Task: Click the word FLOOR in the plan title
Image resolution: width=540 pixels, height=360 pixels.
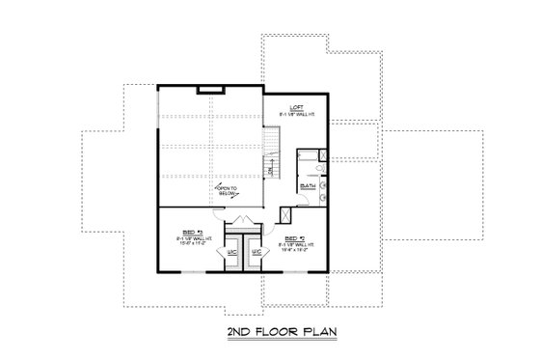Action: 270,333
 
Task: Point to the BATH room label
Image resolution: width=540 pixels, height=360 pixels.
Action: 309,184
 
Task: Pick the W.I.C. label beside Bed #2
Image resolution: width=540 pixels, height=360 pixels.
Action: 256,253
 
